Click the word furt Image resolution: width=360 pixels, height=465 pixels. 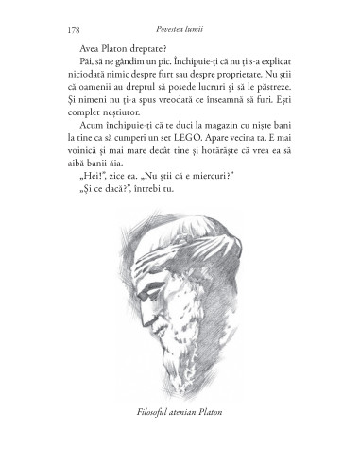(x=202, y=67)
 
